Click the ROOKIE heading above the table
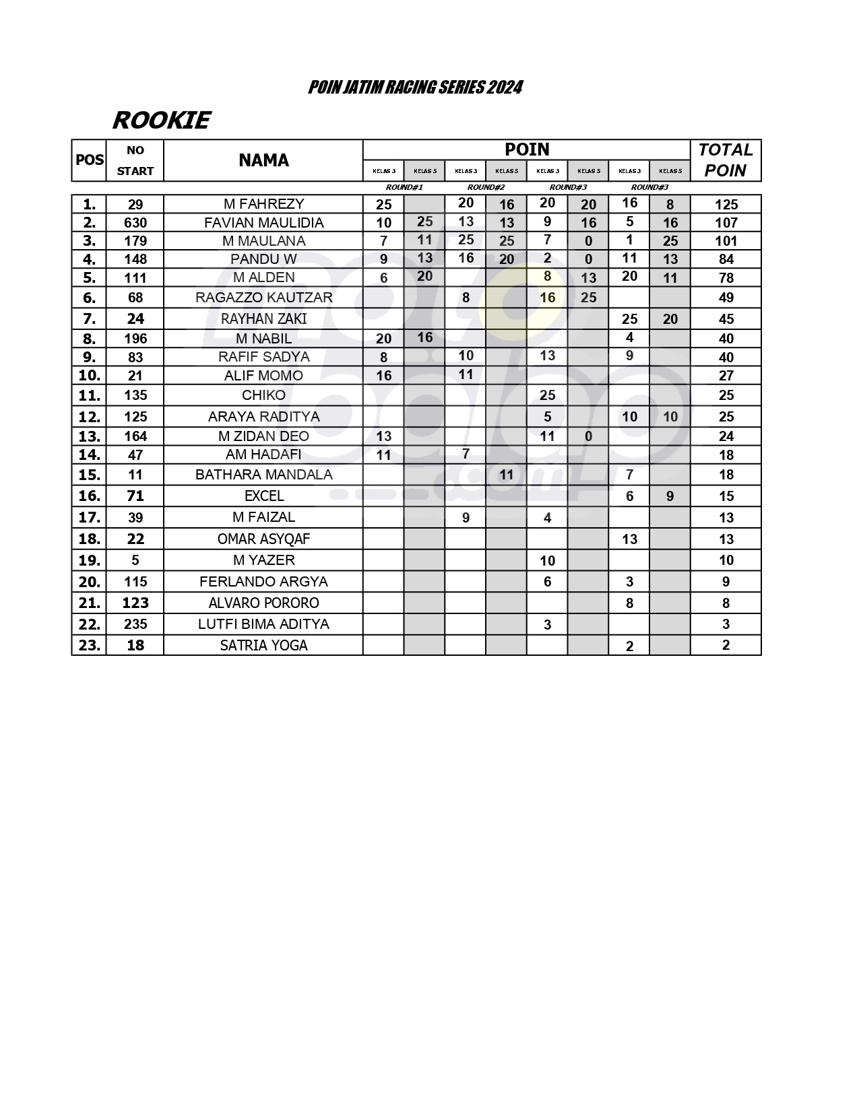coord(161,121)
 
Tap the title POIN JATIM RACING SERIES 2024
coord(415,88)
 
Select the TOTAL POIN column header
coord(725,160)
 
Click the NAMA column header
coord(263,160)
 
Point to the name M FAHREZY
coord(263,204)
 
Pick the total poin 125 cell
coord(726,205)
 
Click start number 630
coord(135,223)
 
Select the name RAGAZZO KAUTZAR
coord(263,298)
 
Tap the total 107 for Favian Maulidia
coord(726,223)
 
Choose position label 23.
coord(89,646)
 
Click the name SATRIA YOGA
coord(263,646)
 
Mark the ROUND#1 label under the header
coord(404,187)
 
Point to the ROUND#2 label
coord(486,187)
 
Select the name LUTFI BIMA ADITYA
coord(263,624)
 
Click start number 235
coord(135,624)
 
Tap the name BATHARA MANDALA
coord(263,475)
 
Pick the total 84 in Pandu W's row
coord(726,259)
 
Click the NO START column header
coord(135,160)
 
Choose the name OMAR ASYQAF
coord(263,539)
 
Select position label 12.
coord(89,417)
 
